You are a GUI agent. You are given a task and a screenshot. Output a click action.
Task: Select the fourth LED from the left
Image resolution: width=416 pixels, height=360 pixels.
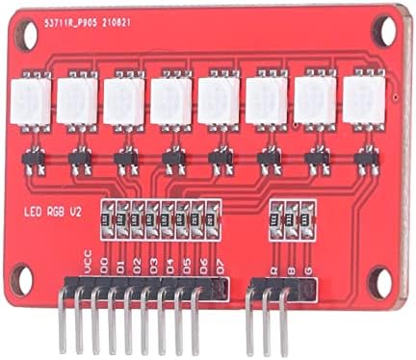[x=171, y=101]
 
